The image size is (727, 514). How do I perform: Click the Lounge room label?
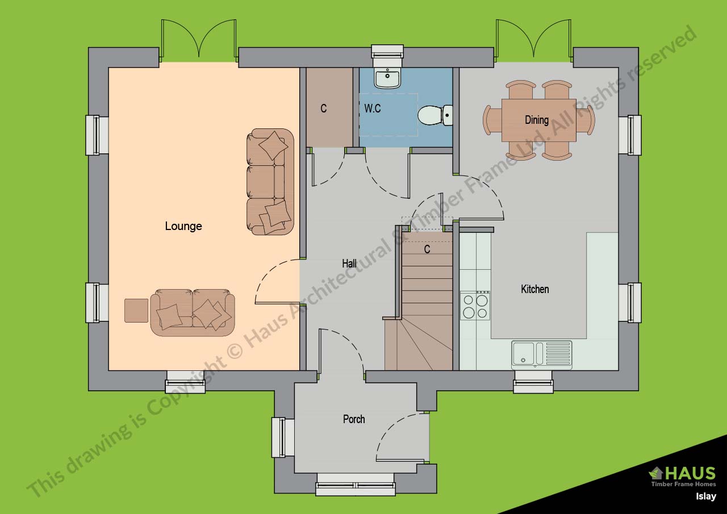(183, 226)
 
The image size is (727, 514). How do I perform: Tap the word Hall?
(349, 264)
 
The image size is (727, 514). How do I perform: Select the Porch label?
(354, 419)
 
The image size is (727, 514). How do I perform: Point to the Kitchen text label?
(535, 289)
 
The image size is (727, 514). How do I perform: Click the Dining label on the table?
(537, 120)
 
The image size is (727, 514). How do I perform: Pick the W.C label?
(373, 108)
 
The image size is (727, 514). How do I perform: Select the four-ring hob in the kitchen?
(475, 306)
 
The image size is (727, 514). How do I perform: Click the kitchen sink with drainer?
(542, 353)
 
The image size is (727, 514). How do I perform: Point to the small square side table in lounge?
(136, 310)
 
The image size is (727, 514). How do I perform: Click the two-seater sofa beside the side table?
(193, 312)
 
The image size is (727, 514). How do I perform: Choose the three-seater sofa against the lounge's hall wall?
(270, 182)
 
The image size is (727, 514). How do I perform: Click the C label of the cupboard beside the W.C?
(324, 108)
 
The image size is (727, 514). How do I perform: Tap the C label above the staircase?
(427, 249)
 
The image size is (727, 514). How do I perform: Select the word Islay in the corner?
(707, 496)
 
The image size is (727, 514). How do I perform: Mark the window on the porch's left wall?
(278, 437)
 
